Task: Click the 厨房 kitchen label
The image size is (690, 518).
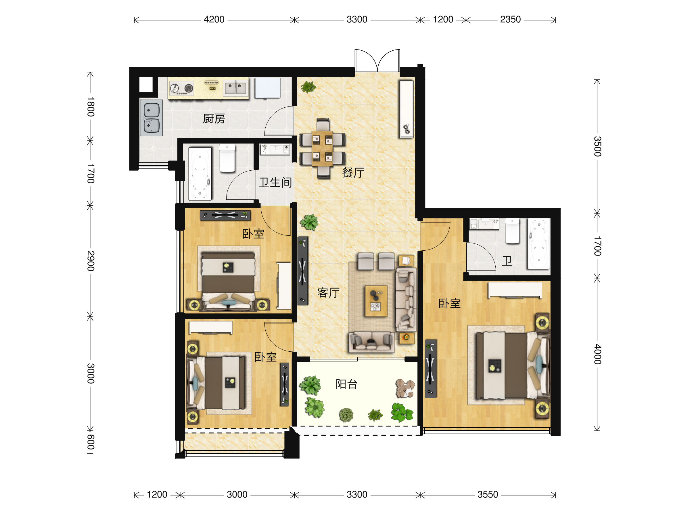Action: (214, 119)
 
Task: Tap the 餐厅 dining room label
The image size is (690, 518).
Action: (353, 172)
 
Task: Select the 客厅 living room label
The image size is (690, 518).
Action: (328, 293)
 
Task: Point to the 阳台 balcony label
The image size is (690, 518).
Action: (346, 384)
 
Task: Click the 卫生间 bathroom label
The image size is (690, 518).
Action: (275, 183)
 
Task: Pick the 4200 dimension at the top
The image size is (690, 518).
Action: (214, 19)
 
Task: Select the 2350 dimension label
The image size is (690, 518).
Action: (510, 19)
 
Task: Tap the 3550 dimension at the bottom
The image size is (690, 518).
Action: (488, 495)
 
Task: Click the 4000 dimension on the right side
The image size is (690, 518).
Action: (597, 354)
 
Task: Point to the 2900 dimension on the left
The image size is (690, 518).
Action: (91, 261)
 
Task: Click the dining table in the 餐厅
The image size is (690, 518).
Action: (323, 148)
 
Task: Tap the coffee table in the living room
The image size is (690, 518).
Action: (376, 301)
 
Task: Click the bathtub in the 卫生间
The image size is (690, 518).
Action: (200, 174)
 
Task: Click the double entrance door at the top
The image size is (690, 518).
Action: (377, 60)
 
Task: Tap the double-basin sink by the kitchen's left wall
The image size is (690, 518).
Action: (151, 118)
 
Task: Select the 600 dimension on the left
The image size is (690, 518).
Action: (91, 442)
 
